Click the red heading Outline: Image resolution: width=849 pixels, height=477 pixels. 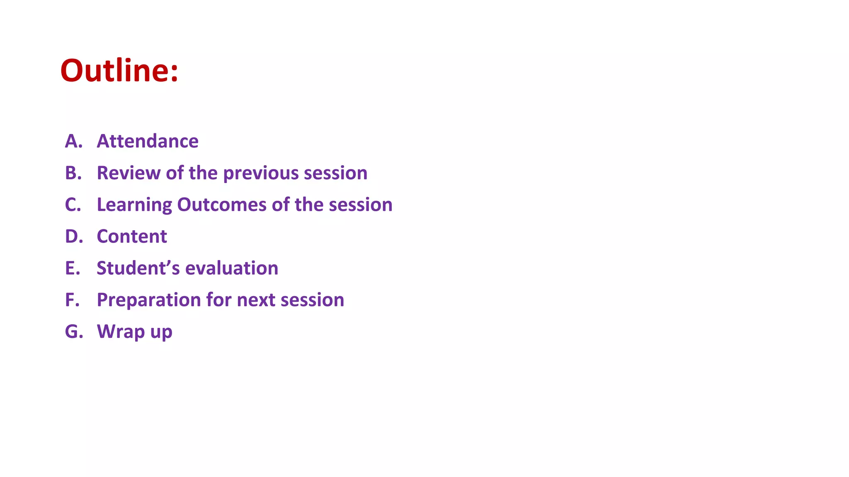tap(119, 70)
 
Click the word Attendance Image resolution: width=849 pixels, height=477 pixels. tap(148, 141)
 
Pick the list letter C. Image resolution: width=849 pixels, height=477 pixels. tap(72, 205)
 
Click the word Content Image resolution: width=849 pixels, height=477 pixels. tap(132, 236)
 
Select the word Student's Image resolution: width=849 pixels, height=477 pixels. tap(138, 268)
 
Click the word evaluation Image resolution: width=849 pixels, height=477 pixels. tap(232, 268)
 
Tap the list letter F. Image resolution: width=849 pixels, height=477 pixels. tap(71, 300)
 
